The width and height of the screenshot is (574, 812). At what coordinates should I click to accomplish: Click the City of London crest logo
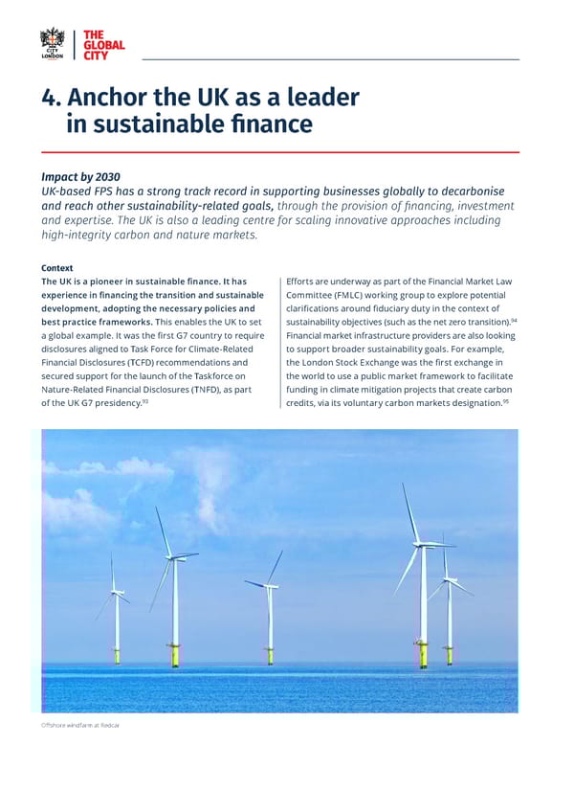click(x=52, y=44)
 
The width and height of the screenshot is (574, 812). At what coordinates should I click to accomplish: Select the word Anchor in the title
click(x=113, y=98)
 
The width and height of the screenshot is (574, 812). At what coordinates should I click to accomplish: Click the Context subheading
click(x=57, y=268)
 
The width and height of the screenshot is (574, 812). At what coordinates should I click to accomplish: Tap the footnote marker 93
click(x=144, y=401)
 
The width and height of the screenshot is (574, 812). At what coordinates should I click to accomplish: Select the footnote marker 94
click(x=514, y=320)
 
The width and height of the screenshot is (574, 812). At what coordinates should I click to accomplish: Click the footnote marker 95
click(x=505, y=401)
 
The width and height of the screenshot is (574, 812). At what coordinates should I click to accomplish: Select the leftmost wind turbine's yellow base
click(x=117, y=656)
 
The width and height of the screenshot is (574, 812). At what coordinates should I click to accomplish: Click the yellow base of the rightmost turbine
click(x=450, y=657)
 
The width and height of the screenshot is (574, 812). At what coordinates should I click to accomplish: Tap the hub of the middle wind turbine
click(x=269, y=586)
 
